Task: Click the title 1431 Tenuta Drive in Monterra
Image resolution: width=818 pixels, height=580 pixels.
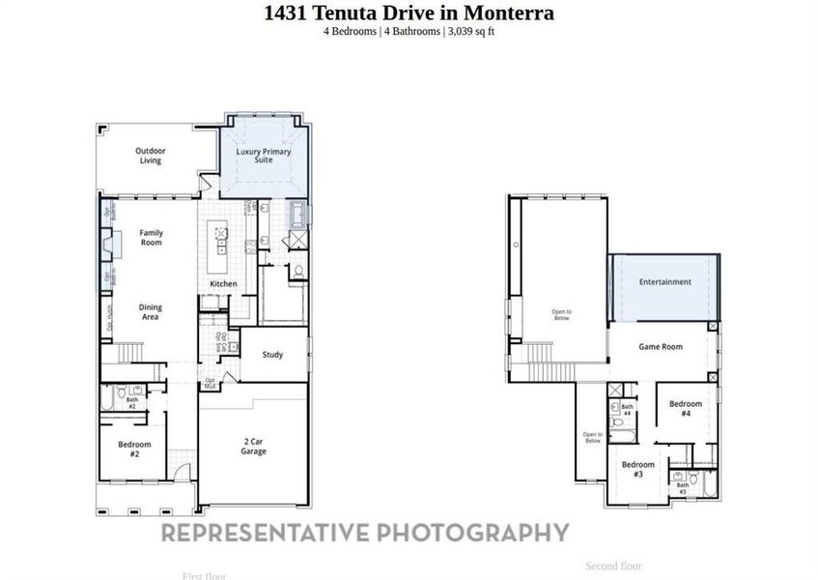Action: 409,13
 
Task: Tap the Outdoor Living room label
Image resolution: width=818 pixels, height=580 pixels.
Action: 150,156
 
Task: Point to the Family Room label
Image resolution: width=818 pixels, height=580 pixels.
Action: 151,238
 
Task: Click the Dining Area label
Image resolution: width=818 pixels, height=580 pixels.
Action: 150,312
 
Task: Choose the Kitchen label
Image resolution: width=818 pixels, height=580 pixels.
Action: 224,284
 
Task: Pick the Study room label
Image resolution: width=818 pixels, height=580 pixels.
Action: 273,355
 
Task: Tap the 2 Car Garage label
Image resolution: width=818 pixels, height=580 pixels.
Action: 255,446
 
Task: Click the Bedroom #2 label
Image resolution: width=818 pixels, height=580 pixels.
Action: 134,449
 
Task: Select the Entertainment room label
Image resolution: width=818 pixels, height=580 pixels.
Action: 664,282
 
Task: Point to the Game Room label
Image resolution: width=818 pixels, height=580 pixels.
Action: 661,347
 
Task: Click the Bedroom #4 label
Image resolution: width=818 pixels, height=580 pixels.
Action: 686,408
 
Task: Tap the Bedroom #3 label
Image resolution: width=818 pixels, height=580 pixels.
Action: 638,470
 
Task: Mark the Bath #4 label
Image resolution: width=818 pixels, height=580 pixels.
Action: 627,410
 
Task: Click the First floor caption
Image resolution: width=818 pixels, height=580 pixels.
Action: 205,576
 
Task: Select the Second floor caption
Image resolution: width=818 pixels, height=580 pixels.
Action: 613,565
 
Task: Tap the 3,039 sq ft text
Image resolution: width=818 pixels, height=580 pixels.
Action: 472,31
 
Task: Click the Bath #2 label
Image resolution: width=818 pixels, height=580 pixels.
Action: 132,404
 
